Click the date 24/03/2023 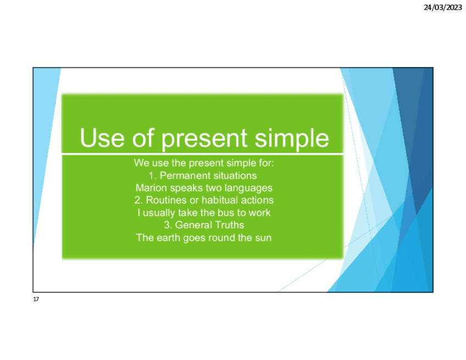[x=443, y=8]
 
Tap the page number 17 [x=36, y=299]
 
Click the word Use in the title [x=102, y=138]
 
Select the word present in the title [x=204, y=139]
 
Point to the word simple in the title [x=292, y=139]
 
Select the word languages [x=248, y=189]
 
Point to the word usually [x=159, y=213]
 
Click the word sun [x=263, y=238]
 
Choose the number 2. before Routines [x=138, y=200]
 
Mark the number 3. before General [x=168, y=225]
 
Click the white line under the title [x=203, y=154]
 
